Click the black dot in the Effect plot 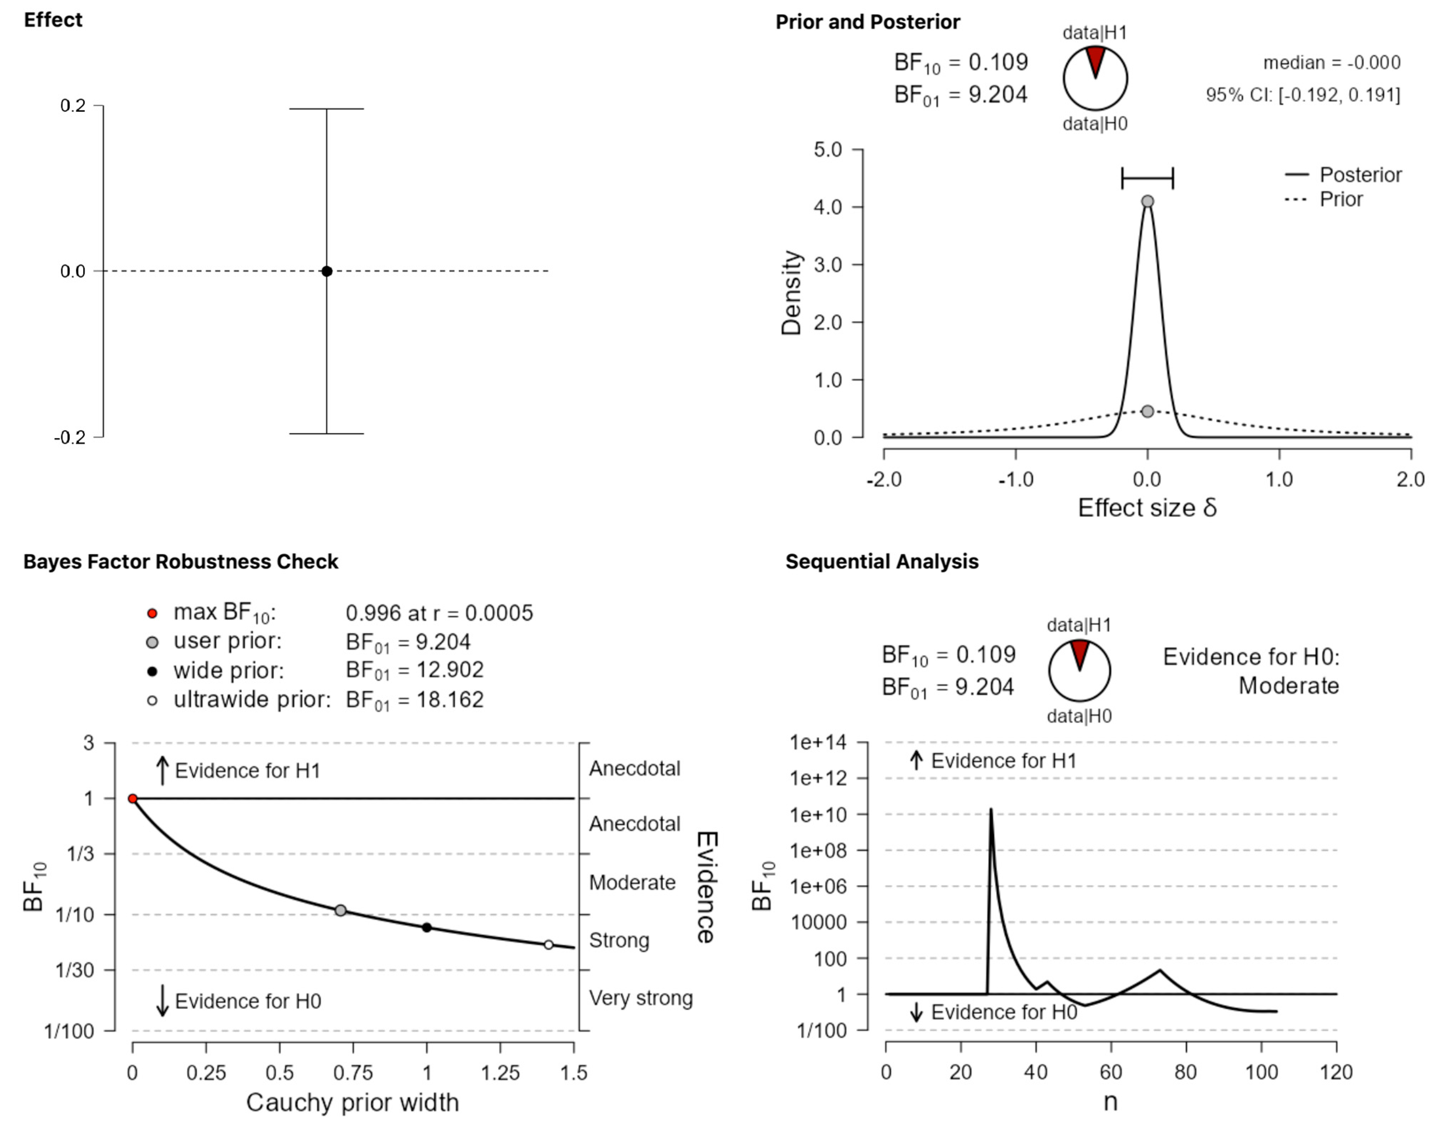pyautogui.click(x=327, y=271)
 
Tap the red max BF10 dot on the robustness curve pyautogui.click(x=132, y=799)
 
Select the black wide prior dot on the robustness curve pyautogui.click(x=427, y=928)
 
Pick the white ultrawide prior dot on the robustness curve pyautogui.click(x=549, y=945)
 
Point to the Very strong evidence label pyautogui.click(x=641, y=998)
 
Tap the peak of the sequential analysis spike pyautogui.click(x=991, y=810)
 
